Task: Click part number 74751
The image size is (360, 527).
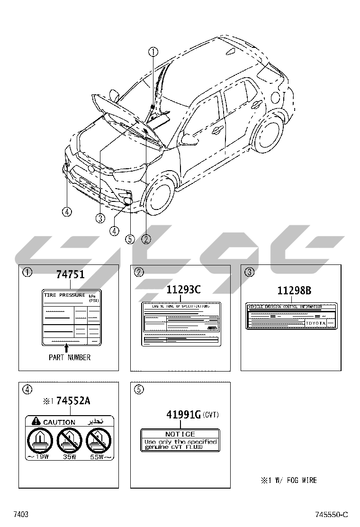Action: [x=70, y=274]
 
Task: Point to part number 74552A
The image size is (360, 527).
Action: [x=73, y=401]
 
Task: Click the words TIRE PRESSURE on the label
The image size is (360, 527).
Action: [x=64, y=295]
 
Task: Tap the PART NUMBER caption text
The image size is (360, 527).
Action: [x=70, y=357]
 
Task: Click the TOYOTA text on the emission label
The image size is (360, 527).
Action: [x=315, y=323]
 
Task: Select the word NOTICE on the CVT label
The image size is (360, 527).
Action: [x=180, y=434]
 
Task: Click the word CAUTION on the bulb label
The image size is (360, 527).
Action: [x=59, y=422]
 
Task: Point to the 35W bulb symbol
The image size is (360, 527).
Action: [x=70, y=441]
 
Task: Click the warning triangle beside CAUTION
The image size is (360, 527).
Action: [x=36, y=421]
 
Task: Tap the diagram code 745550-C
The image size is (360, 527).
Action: [x=332, y=515]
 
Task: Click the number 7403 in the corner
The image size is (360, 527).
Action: [x=21, y=515]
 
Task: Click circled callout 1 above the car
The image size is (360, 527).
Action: [x=153, y=52]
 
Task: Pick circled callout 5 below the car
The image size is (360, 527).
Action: [x=130, y=239]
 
